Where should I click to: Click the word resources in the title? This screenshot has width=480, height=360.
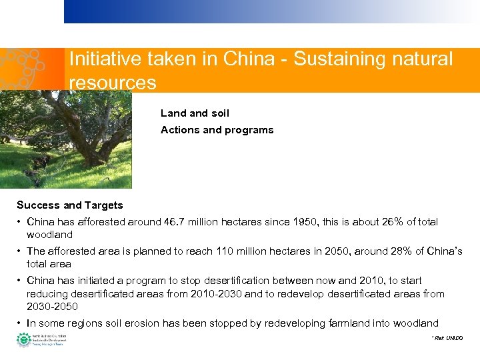113,83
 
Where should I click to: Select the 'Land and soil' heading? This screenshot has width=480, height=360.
195,113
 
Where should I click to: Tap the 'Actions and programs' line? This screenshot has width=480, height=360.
217,130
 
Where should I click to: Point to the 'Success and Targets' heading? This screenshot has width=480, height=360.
70,205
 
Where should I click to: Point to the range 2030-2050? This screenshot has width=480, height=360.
52,307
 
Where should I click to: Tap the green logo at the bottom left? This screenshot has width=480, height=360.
23,339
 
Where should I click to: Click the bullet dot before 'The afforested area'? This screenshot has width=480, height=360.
20,251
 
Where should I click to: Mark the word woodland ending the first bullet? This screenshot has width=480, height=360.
49,235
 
